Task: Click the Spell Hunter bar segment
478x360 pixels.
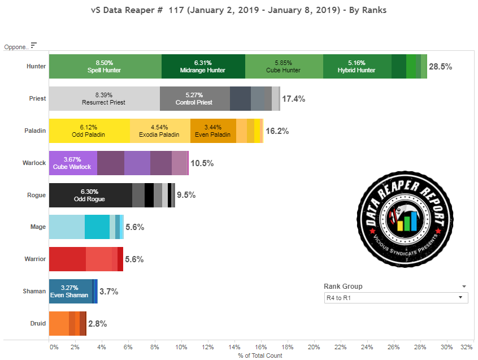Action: pos(105,67)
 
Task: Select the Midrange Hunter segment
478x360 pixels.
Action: pos(203,67)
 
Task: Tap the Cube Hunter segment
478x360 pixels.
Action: pos(284,67)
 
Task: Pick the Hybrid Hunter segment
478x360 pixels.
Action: pos(357,67)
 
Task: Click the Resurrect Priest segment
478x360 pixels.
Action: pos(104,99)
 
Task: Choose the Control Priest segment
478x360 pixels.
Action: pos(194,99)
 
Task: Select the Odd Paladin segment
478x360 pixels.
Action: pos(89,131)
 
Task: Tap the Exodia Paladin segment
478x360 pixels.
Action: pos(160,131)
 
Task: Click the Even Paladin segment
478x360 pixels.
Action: pos(213,131)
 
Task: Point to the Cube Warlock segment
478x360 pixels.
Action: pos(73,163)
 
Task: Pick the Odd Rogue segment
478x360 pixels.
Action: pos(90,196)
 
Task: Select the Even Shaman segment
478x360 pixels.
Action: pos(70,292)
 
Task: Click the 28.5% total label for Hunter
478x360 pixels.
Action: pos(440,67)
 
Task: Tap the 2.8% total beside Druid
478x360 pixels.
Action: pos(97,324)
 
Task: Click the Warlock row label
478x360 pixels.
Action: pos(34,163)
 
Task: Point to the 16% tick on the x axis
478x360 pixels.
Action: pos(260,346)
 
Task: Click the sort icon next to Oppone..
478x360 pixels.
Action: pos(34,45)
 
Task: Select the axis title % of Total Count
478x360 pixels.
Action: pos(260,355)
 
